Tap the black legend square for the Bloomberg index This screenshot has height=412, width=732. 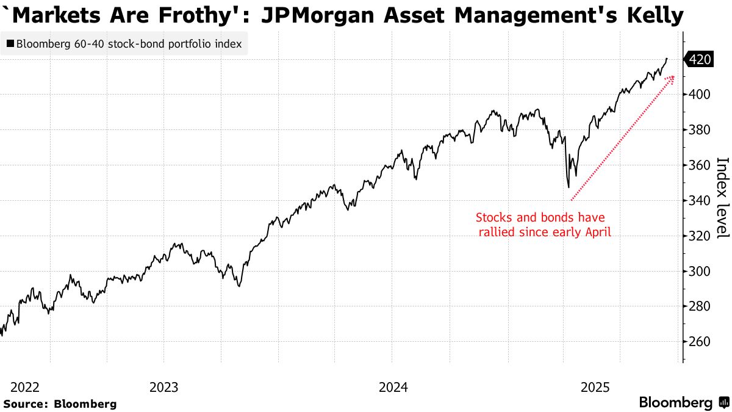point(10,44)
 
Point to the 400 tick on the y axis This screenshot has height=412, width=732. point(700,95)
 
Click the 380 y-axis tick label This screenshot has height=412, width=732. point(700,130)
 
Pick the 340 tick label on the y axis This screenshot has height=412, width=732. point(700,201)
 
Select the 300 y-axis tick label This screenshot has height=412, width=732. point(700,271)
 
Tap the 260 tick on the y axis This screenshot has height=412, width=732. point(700,342)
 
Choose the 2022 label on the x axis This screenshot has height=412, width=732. point(25,387)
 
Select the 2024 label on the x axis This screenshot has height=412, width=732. point(393,387)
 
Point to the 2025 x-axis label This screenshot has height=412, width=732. point(595,387)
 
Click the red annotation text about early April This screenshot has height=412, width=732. point(540,224)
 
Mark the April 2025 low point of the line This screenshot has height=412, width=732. point(568,187)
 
